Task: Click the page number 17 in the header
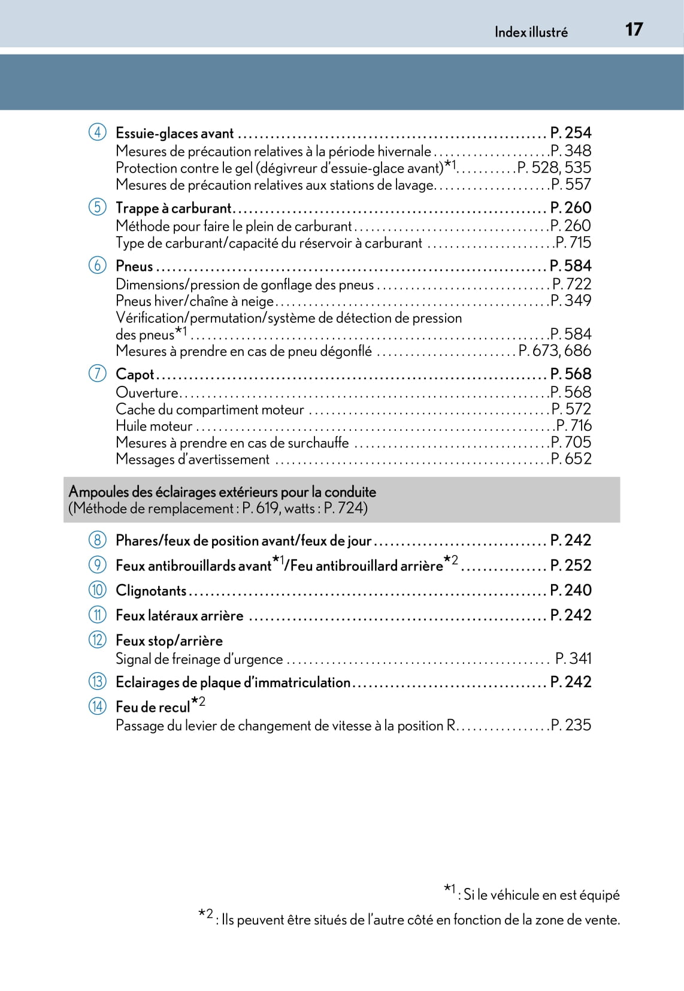(x=634, y=29)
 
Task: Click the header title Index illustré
(x=531, y=32)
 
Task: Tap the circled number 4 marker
(x=98, y=132)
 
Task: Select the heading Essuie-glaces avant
(x=174, y=133)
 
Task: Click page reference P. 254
(x=570, y=132)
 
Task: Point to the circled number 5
(x=98, y=207)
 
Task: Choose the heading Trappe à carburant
(x=173, y=208)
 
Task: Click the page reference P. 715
(x=573, y=243)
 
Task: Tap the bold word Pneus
(x=134, y=266)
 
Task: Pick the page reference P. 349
(x=571, y=301)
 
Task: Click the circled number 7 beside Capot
(x=98, y=374)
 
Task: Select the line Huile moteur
(x=154, y=426)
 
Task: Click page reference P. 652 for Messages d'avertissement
(x=571, y=459)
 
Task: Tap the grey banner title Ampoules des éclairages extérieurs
(x=222, y=492)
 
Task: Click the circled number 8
(x=98, y=540)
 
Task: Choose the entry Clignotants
(x=151, y=591)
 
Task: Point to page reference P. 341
(x=573, y=658)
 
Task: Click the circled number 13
(x=98, y=682)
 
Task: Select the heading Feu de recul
(x=153, y=708)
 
